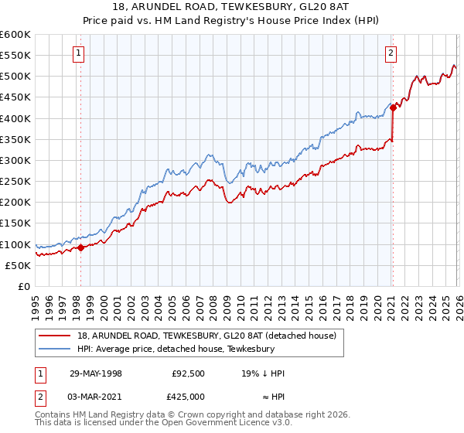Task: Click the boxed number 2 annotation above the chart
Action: [x=391, y=53]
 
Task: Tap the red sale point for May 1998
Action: [x=81, y=248]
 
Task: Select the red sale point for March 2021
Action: [x=393, y=108]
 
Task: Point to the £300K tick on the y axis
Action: [x=16, y=161]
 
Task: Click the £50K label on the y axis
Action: [x=19, y=265]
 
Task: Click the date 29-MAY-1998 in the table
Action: [x=94, y=373]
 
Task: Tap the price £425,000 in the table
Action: [x=188, y=398]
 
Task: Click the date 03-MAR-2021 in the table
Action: [x=94, y=398]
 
